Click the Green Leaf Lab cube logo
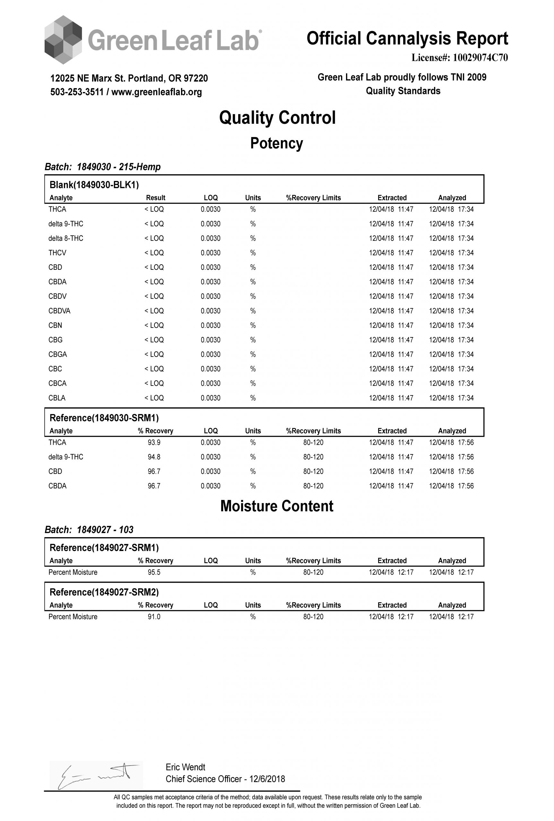63,39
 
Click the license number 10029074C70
480,58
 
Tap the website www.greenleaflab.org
157,92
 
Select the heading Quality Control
277,118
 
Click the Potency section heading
277,143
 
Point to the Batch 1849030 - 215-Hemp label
102,167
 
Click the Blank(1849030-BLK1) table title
94,185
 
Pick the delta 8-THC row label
66,239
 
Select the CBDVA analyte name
59,311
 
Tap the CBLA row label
57,398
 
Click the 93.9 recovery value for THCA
154,443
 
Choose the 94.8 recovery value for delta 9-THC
154,457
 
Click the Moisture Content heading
277,506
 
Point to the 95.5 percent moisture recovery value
154,572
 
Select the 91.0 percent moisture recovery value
154,617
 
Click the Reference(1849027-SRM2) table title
104,592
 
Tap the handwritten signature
95,775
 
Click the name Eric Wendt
185,767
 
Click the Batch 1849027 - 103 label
89,530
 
